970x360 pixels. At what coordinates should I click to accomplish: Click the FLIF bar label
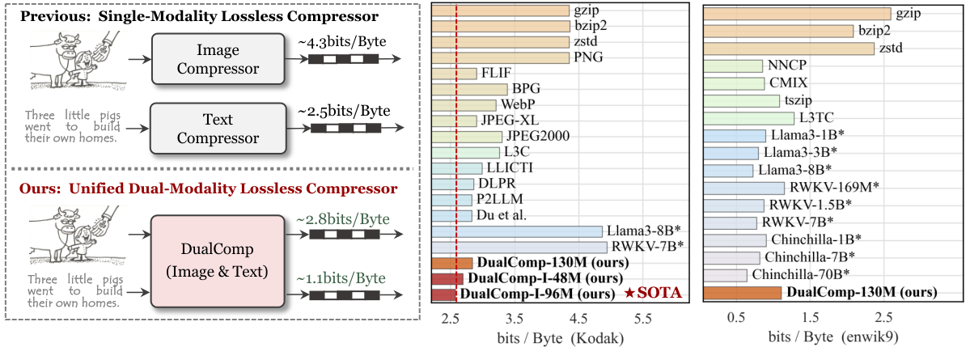496,74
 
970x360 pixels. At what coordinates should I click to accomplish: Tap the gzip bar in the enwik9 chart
797,14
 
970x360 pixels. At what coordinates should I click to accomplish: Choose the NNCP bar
733,66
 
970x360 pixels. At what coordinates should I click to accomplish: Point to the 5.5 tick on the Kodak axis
642,320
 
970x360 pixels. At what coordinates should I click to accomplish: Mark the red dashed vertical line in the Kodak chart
457,162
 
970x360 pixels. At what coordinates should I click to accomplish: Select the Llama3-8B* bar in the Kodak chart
518,231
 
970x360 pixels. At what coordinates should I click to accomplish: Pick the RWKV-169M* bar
744,188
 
